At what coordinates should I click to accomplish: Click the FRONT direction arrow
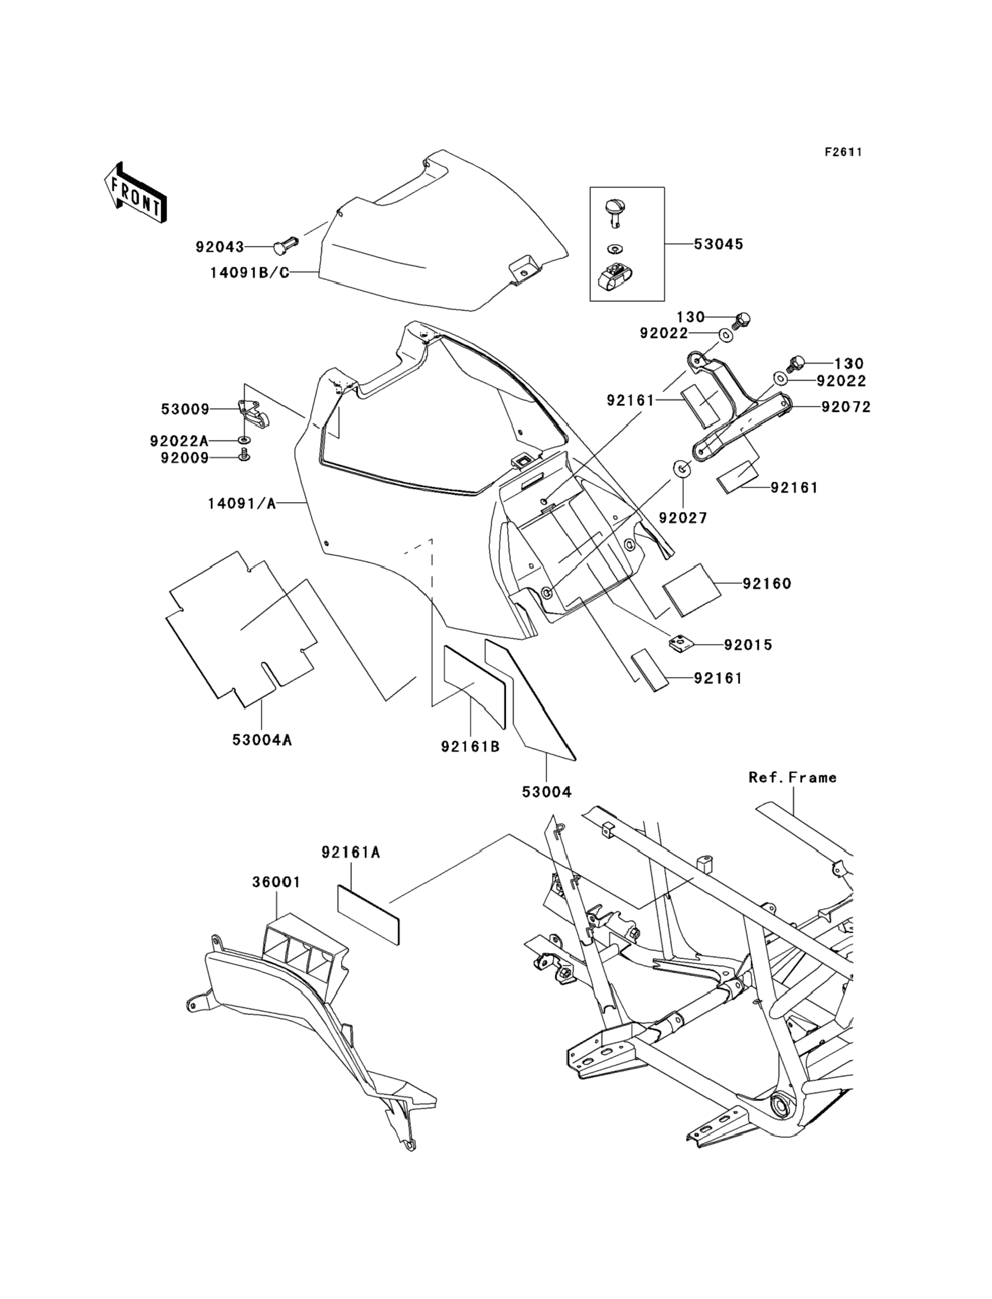click(135, 193)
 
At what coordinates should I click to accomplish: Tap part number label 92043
click(219, 247)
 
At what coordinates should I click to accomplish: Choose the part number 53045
click(718, 244)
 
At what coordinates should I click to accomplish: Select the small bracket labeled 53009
click(253, 414)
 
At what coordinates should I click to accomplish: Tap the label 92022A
click(179, 441)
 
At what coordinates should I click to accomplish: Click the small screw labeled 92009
click(244, 455)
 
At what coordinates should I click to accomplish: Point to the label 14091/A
click(241, 504)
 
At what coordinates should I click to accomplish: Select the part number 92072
click(846, 407)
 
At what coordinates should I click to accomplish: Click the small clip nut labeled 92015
click(680, 642)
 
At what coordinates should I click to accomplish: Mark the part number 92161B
click(470, 747)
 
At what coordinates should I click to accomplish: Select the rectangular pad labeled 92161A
click(368, 922)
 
